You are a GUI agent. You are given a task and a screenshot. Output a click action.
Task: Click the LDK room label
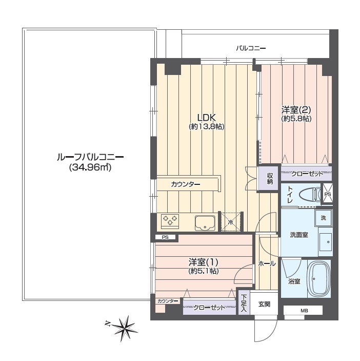[x=207, y=118]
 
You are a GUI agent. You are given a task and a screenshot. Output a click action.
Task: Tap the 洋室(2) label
[x=296, y=110]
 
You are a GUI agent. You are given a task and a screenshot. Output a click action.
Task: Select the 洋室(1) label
[x=204, y=262]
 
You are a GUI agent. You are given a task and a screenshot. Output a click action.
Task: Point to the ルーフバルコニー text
[x=90, y=158]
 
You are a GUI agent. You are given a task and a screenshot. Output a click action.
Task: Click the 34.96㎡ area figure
[x=90, y=167]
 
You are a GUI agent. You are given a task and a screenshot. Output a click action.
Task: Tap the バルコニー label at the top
[x=251, y=48]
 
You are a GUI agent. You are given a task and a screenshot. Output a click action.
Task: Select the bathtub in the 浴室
[x=319, y=279]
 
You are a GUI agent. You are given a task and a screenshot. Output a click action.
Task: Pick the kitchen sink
[x=205, y=223]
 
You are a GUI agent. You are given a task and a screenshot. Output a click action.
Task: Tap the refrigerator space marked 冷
[x=231, y=222]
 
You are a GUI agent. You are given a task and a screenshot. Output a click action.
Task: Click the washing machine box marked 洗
[x=323, y=218]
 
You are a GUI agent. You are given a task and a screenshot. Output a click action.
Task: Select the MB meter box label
[x=304, y=311]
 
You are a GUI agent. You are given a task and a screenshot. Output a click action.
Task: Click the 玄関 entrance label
[x=265, y=305]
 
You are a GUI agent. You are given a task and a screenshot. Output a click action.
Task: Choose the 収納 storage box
[x=269, y=178]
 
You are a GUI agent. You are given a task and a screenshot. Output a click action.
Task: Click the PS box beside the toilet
[x=328, y=194]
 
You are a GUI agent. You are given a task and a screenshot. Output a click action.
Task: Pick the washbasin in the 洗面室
[x=325, y=242]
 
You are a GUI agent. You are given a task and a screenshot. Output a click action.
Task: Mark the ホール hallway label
[x=267, y=263]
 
